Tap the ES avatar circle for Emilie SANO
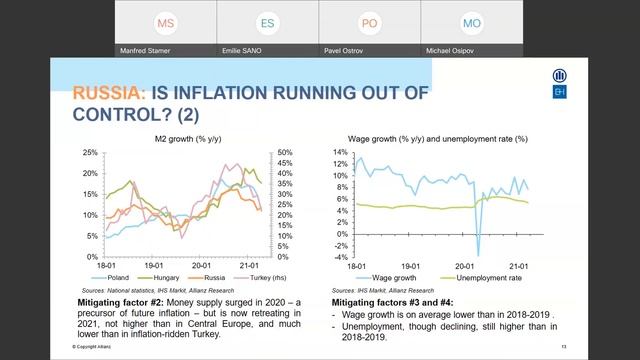coord(268,22)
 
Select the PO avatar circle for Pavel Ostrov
coord(370,22)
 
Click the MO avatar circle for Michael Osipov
coord(472,22)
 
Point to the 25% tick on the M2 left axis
coord(90,153)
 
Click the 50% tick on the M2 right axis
coord(284,153)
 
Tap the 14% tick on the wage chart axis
coord(341,152)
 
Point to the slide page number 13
coord(564,346)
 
